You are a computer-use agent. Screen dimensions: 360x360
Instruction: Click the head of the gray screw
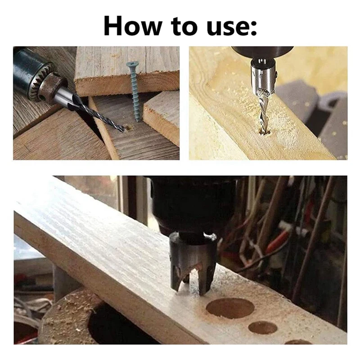tap(132, 65)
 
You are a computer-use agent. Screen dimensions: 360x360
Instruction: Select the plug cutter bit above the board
tap(193, 261)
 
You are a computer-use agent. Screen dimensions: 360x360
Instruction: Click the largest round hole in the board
tap(230, 308)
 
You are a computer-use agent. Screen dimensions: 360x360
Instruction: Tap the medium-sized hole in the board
tap(263, 327)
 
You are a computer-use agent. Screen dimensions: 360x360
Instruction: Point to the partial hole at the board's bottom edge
tap(297, 342)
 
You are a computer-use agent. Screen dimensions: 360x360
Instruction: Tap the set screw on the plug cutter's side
tap(209, 237)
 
